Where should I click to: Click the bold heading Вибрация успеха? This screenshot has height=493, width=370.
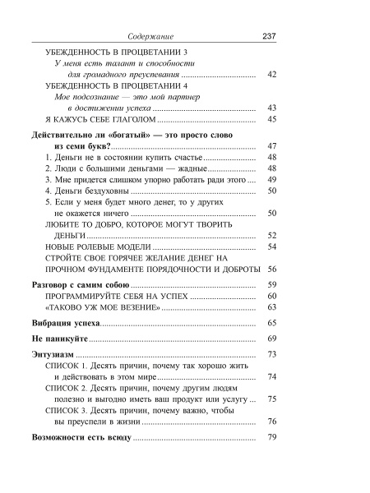pyautogui.click(x=65, y=324)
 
